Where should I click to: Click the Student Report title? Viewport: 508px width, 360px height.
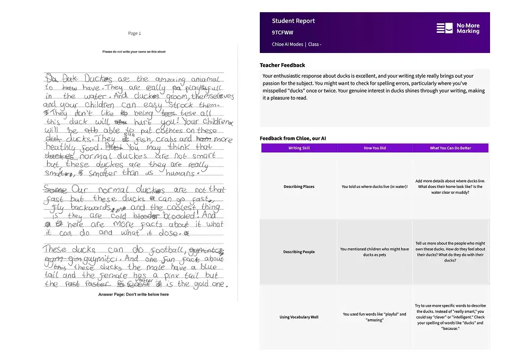coord(293,21)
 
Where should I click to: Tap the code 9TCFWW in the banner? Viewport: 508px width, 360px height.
coord(283,32)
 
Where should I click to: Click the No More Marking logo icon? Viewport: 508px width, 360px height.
coord(444,28)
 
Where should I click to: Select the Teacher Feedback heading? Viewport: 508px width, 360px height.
coord(282,65)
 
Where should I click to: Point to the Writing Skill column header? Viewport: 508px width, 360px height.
coord(299,148)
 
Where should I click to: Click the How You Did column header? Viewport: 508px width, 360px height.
coord(375,148)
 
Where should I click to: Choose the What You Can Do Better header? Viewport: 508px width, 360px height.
coord(450,148)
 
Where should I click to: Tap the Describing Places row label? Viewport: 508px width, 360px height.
coord(299,186)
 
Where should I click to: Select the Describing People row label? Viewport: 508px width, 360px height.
coord(299,252)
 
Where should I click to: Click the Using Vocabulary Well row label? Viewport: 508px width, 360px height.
coord(299,317)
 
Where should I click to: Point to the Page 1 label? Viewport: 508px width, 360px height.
coord(134,33)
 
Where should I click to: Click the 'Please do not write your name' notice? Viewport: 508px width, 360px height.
coord(134,52)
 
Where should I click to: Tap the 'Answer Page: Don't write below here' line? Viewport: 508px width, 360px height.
coord(133,294)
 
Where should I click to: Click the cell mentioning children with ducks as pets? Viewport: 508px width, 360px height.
coord(375,252)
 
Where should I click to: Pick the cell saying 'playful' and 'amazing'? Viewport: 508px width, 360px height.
coord(375,317)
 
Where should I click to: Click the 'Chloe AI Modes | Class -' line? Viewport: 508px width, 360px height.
coord(296,44)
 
